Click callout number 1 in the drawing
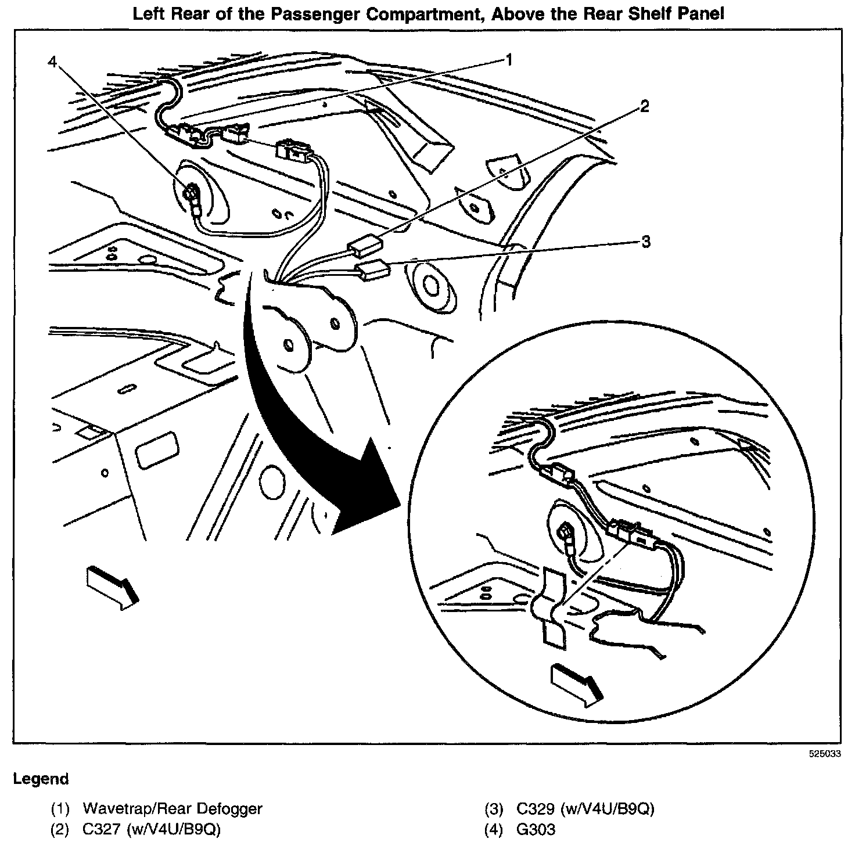pyautogui.click(x=508, y=60)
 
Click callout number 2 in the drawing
pyautogui.click(x=644, y=107)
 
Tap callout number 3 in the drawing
pyautogui.click(x=645, y=242)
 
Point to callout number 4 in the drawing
pyautogui.click(x=53, y=62)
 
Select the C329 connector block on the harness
pyautogui.click(x=372, y=269)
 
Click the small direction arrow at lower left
pyautogui.click(x=113, y=586)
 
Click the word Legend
pyautogui.click(x=41, y=779)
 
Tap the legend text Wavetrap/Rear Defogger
pyautogui.click(x=173, y=808)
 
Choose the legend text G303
pyautogui.click(x=536, y=830)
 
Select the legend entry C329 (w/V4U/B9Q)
pyautogui.click(x=585, y=808)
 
